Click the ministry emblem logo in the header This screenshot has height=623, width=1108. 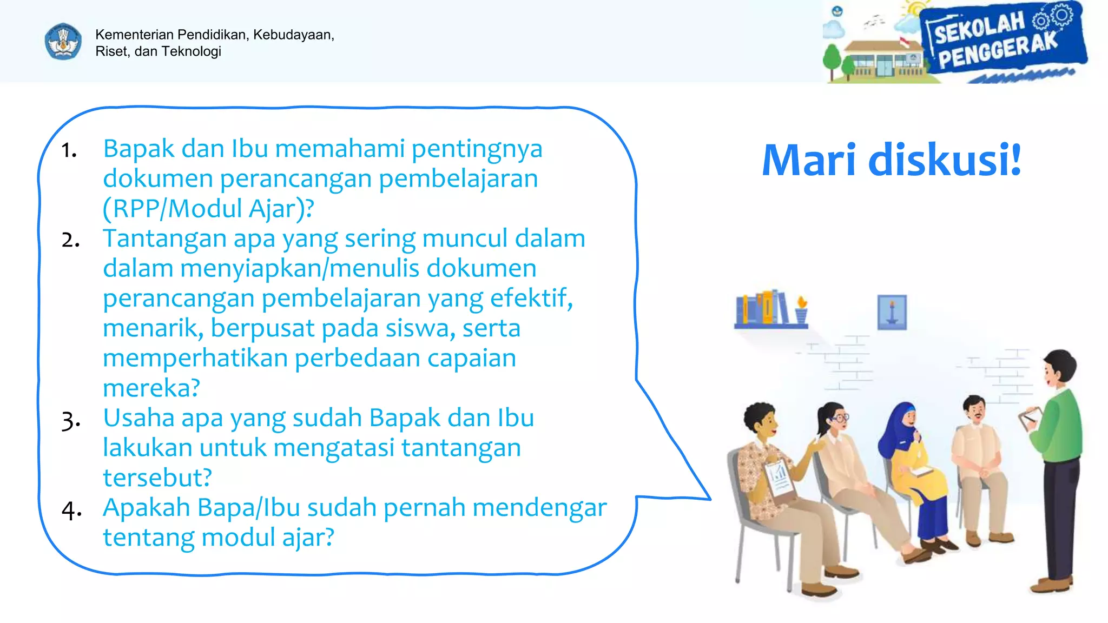tap(63, 41)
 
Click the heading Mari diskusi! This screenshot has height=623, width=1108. tap(891, 160)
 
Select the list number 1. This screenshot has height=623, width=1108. tap(69, 150)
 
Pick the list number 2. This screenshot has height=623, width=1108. tap(70, 240)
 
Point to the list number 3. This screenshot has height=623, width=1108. tap(70, 420)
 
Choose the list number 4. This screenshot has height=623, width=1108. tap(71, 509)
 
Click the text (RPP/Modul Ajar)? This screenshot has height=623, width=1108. tap(208, 208)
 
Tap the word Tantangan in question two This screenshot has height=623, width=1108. tap(164, 238)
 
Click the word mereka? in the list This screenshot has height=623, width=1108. tap(151, 388)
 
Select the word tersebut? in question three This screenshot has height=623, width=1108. tap(157, 478)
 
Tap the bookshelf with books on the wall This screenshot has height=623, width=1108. tap(771, 310)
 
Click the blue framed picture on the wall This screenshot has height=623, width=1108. tap(892, 312)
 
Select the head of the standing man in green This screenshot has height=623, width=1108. tap(1059, 368)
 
